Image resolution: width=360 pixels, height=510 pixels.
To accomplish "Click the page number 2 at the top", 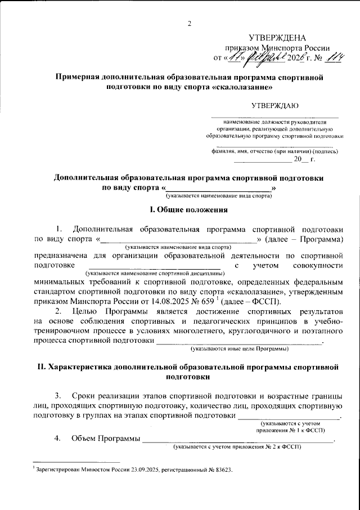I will pyautogui.click(x=190, y=23).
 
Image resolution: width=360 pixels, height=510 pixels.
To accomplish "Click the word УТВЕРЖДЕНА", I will pyautogui.click(x=278, y=38).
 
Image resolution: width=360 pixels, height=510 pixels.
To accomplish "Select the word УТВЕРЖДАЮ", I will pyautogui.click(x=274, y=105).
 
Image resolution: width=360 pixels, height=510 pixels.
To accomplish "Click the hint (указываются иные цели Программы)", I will pyautogui.click(x=240, y=350).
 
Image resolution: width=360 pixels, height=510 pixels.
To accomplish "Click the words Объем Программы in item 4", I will pyautogui.click(x=105, y=439).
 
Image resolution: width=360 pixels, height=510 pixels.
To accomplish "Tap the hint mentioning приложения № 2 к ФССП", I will pyautogui.click(x=237, y=447).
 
